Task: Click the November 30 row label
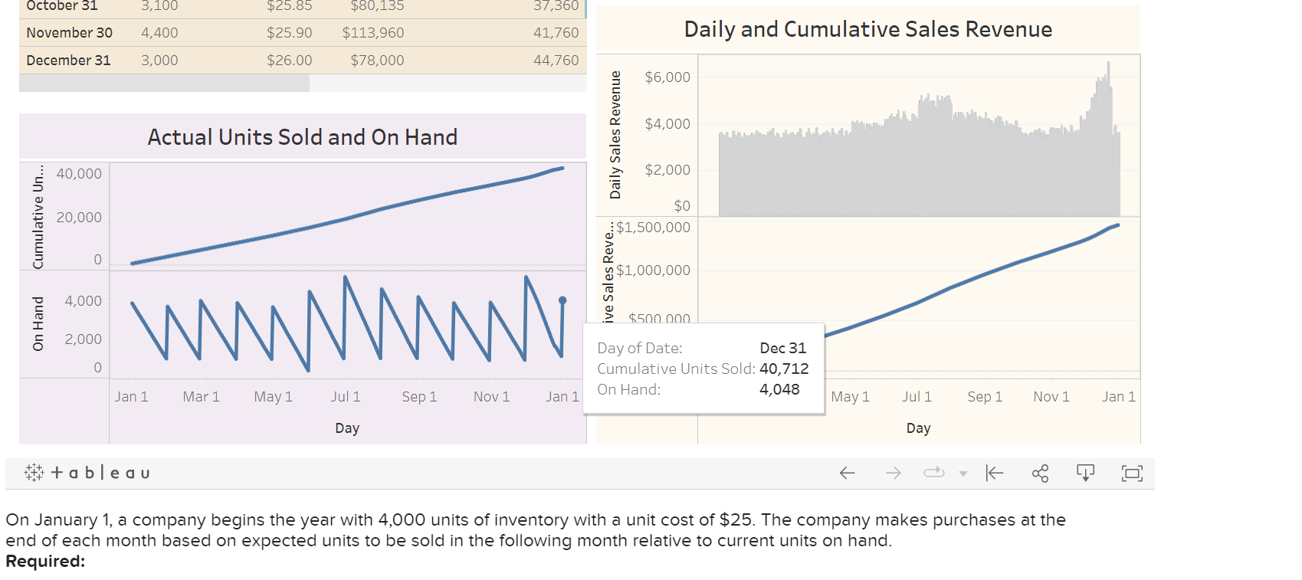69,33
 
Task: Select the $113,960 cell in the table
373,33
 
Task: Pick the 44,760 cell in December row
556,61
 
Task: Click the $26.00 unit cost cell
289,61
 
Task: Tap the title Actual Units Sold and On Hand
302,137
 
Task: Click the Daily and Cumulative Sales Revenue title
867,29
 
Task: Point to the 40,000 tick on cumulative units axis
79,174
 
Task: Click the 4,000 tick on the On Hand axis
83,301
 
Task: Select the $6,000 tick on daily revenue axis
667,77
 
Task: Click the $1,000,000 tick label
653,270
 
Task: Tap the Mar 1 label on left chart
201,397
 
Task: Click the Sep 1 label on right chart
985,397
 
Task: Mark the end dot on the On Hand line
562,300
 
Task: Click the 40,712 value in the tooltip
784,369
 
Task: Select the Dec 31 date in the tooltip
782,348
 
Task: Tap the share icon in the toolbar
1040,473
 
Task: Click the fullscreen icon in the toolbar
1132,473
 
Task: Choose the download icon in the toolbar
1085,473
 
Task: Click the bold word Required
45,562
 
